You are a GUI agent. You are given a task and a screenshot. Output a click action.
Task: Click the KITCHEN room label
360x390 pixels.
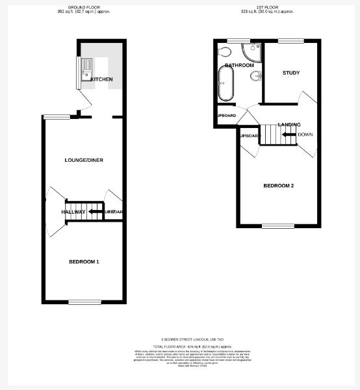pyautogui.click(x=101, y=79)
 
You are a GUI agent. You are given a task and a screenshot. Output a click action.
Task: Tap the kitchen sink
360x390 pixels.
pyautogui.click(x=85, y=70)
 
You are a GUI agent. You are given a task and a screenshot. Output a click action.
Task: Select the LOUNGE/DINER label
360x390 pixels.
pyautogui.click(x=84, y=160)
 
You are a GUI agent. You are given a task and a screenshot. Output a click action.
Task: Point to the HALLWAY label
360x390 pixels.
pyautogui.click(x=73, y=212)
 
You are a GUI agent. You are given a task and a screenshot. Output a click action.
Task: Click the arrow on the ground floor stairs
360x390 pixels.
pyautogui.click(x=95, y=212)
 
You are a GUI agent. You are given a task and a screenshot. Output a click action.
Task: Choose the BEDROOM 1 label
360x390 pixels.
pyautogui.click(x=84, y=262)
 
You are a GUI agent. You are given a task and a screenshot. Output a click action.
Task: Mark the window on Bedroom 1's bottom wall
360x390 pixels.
pyautogui.click(x=82, y=302)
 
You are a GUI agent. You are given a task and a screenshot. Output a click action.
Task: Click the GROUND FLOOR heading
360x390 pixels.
pyautogui.click(x=84, y=7)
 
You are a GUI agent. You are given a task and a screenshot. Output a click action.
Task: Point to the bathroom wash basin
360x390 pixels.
pyautogui.click(x=255, y=77)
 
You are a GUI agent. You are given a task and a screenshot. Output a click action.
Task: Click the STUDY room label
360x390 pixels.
pyautogui.click(x=291, y=72)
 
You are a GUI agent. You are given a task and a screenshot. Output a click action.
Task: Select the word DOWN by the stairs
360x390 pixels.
pyautogui.click(x=305, y=135)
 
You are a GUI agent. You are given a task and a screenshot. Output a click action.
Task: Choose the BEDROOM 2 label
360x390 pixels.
pyautogui.click(x=278, y=186)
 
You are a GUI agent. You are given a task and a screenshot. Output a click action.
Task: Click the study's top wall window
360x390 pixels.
pyautogui.click(x=287, y=42)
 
